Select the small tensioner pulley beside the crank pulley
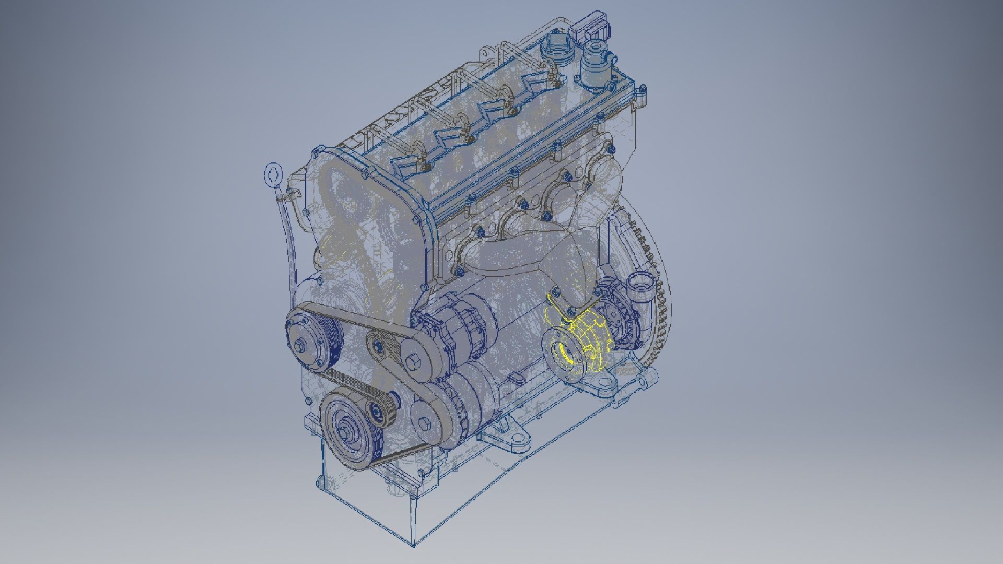pos(377,413)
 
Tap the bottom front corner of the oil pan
pos(413,545)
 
